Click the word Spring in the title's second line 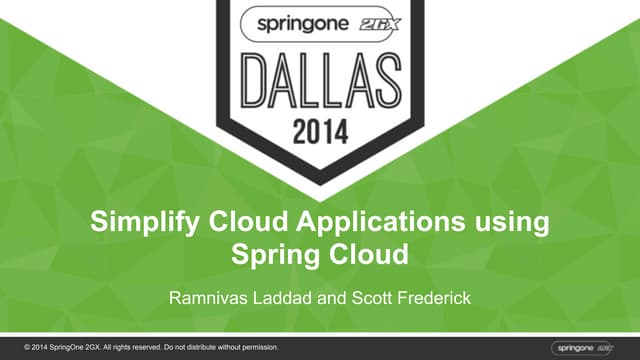click(273, 253)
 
